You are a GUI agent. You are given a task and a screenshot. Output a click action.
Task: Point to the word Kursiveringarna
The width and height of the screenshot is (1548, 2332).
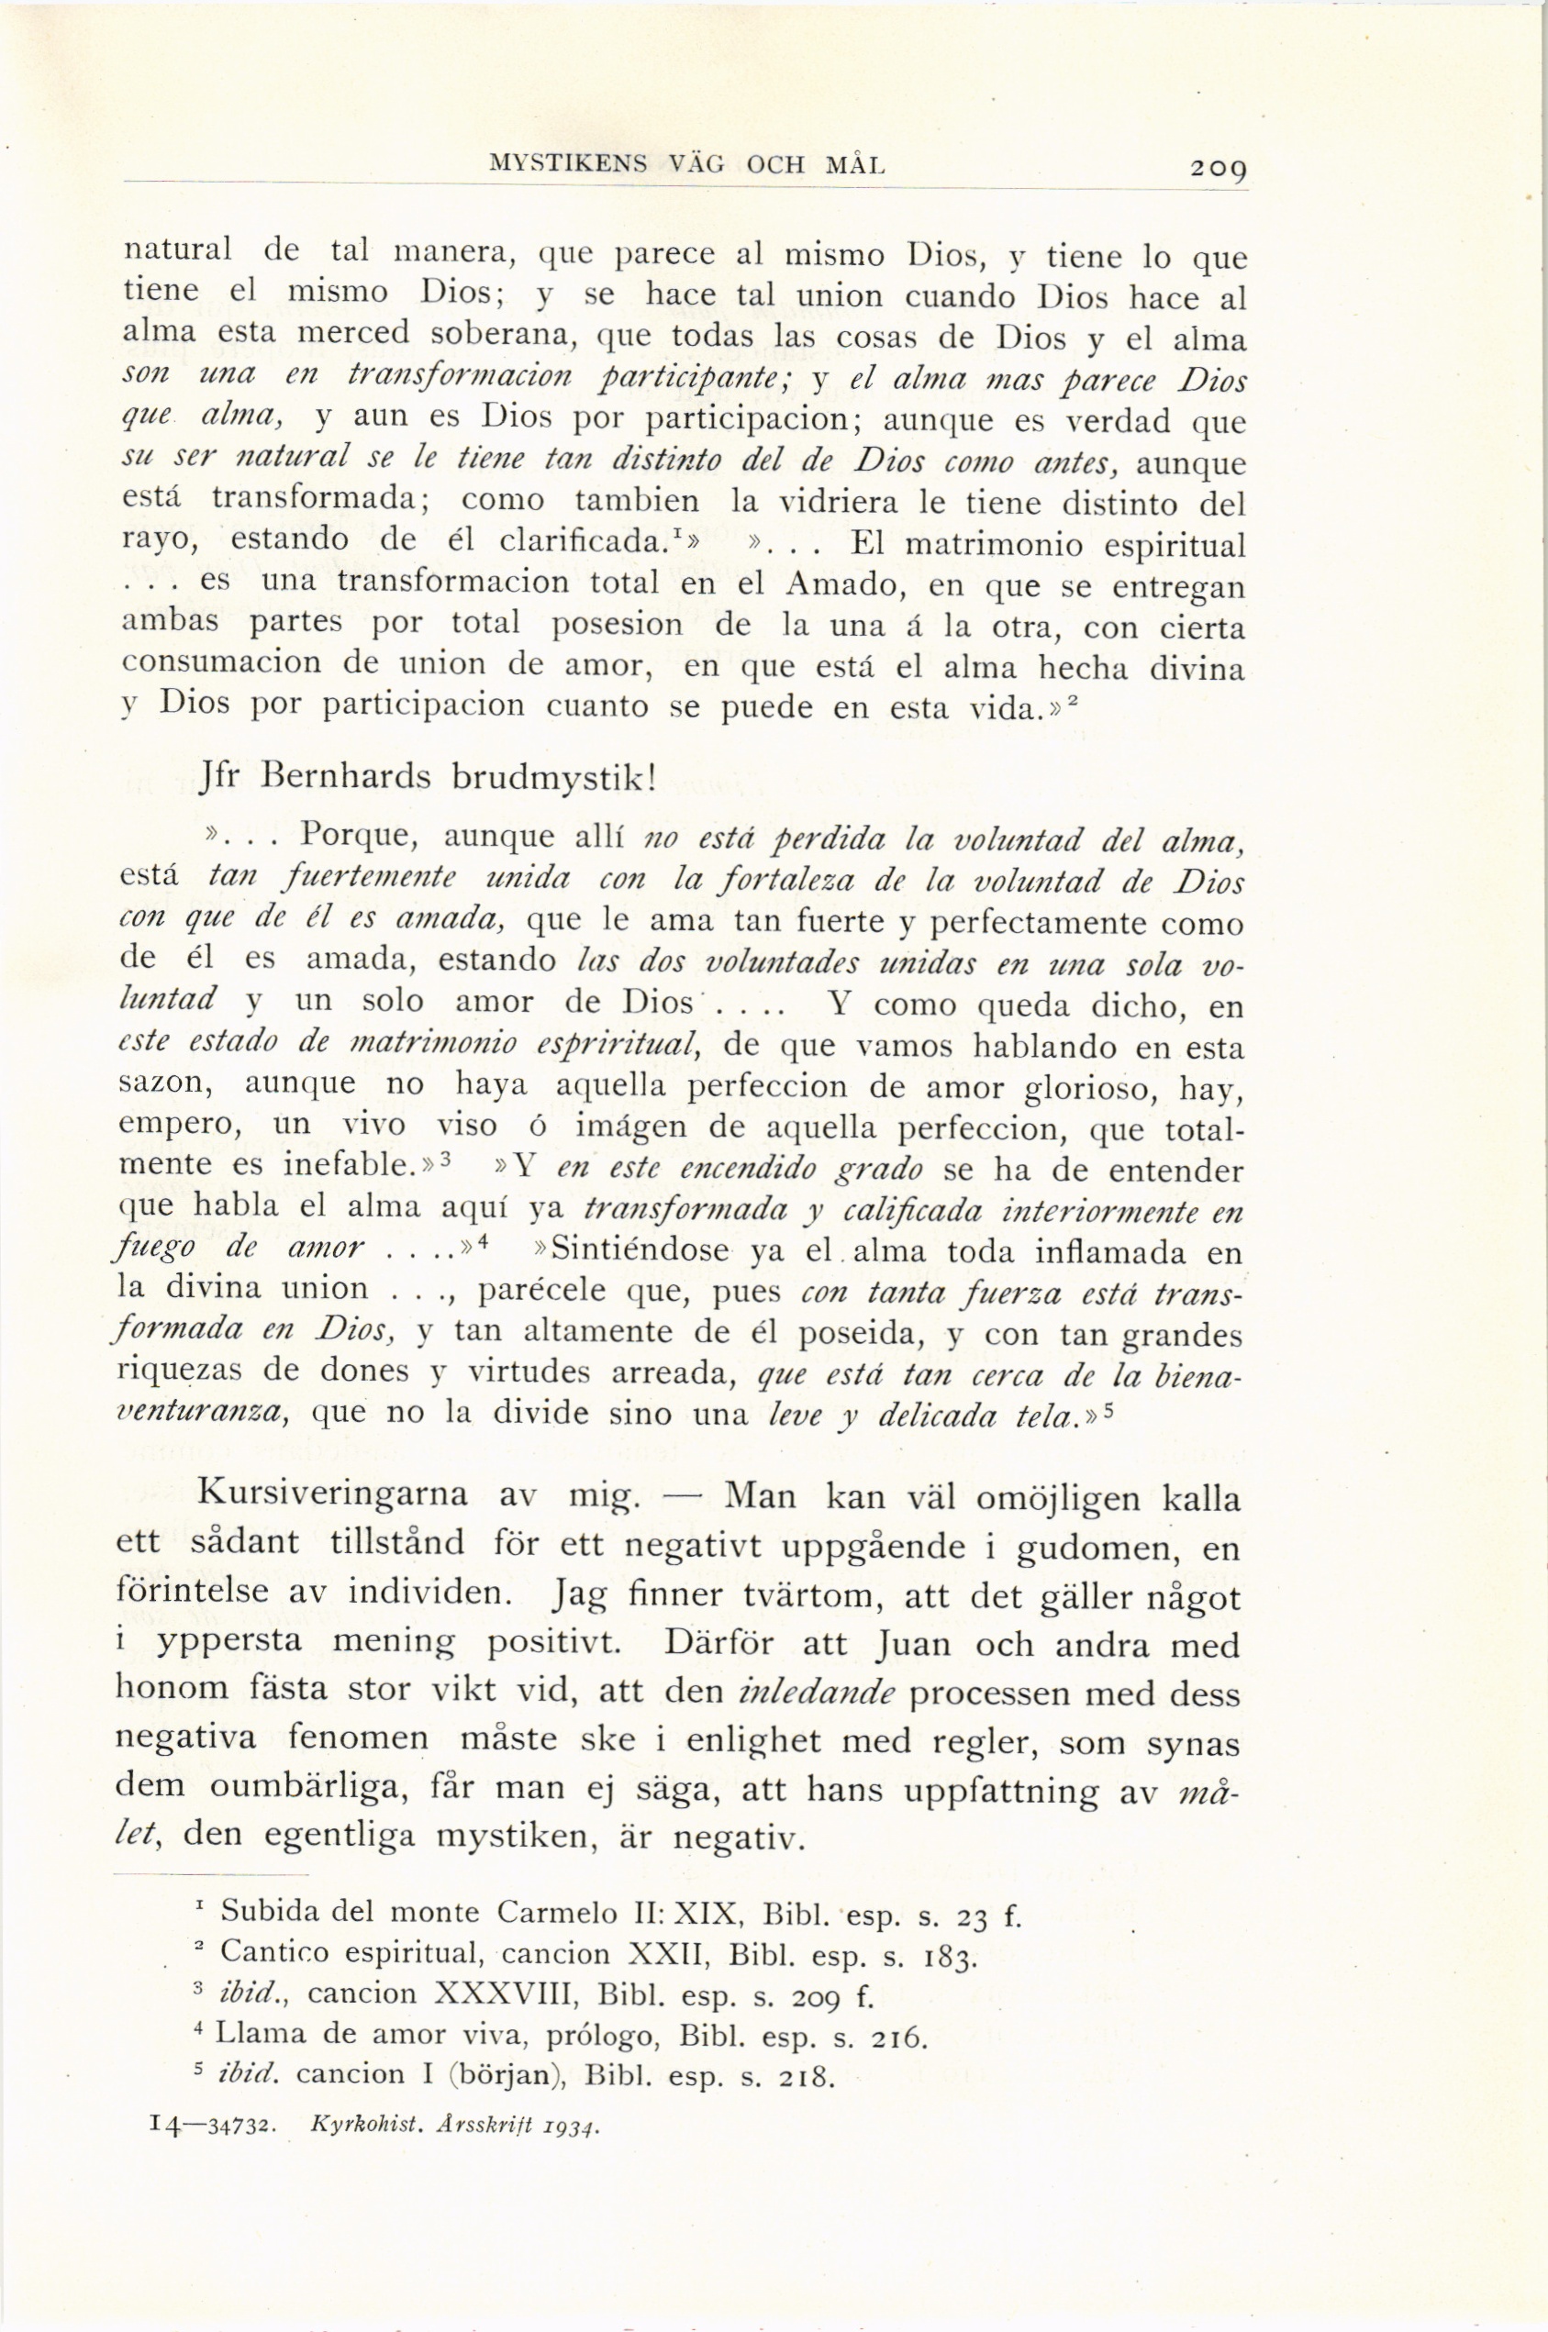[333, 1493]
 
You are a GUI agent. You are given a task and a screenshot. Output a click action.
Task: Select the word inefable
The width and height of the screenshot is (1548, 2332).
[348, 1165]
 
